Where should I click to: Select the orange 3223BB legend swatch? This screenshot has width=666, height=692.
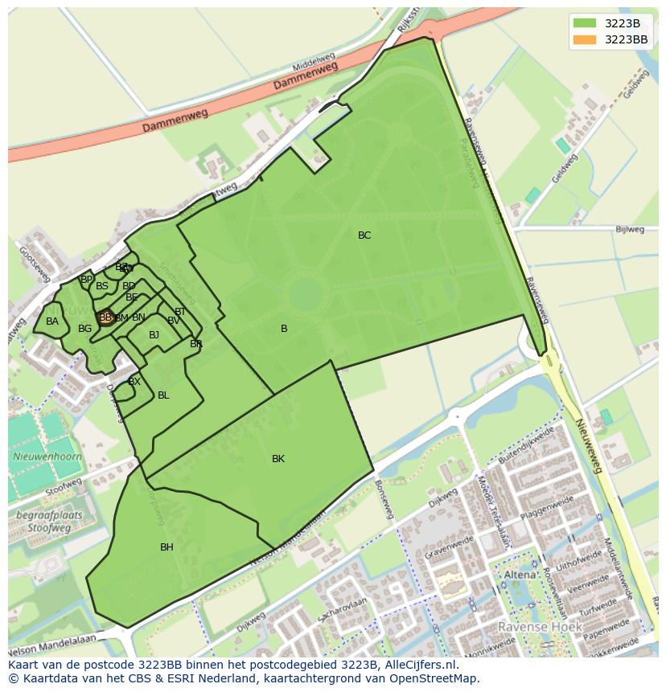586,39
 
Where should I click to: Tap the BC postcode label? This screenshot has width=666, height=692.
364,235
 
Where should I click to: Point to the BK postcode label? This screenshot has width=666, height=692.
277,459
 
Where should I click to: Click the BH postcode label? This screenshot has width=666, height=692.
166,547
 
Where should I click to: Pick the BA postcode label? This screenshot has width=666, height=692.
52,321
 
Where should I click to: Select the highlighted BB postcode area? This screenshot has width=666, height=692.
105,317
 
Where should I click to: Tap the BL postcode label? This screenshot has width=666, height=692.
163,395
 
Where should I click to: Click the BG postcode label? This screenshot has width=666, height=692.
84,329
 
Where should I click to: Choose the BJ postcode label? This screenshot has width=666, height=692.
154,335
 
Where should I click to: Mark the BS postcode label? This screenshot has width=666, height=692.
102,286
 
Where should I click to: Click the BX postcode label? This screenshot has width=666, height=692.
134,382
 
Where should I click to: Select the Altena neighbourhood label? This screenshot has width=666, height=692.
519,575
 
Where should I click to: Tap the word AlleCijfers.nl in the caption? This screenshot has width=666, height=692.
419,665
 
